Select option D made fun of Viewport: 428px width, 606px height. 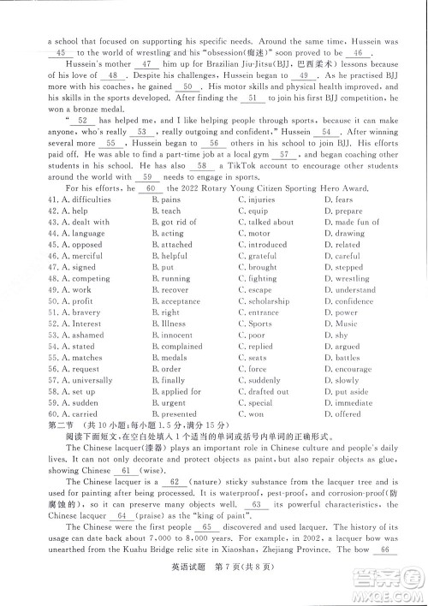tap(350, 222)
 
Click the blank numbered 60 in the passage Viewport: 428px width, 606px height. tap(151, 188)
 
